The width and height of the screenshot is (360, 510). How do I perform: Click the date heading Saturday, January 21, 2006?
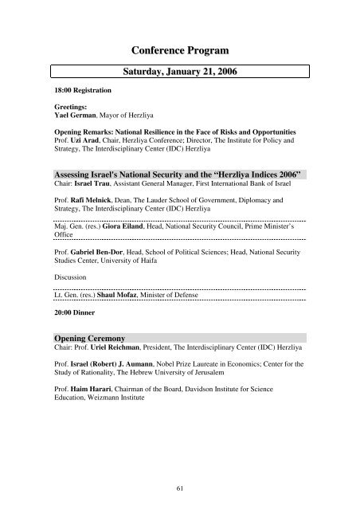click(179, 72)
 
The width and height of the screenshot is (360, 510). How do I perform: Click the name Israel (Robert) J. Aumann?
click(116, 367)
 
